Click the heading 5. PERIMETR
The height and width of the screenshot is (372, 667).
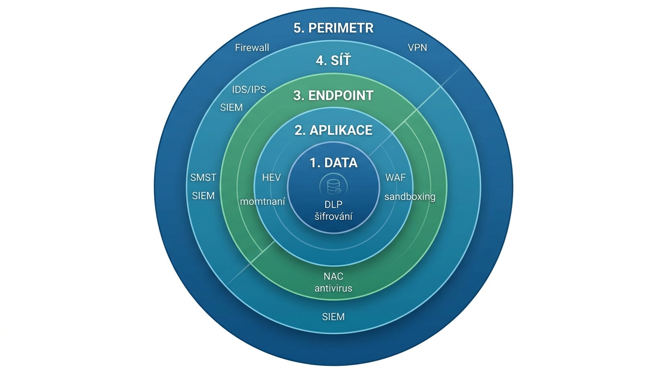[x=333, y=28]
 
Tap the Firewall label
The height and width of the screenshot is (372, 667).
[x=252, y=48]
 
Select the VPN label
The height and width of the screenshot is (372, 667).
[x=417, y=48]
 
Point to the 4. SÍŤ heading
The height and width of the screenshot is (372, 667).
[x=333, y=62]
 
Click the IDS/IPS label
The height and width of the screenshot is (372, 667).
[x=249, y=90]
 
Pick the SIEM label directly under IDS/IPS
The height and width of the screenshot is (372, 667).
[x=231, y=108]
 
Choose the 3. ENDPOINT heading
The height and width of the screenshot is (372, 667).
[x=333, y=95]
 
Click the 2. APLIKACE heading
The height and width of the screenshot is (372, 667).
[x=333, y=130]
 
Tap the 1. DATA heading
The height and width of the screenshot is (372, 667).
[x=333, y=163]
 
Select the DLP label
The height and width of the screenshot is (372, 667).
[x=333, y=205]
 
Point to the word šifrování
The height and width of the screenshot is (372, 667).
[x=333, y=216]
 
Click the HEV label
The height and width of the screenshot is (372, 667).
[x=271, y=177]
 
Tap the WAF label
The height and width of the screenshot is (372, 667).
[x=396, y=177]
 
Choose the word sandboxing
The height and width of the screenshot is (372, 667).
[x=410, y=197]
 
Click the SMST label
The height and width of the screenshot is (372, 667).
[x=203, y=177]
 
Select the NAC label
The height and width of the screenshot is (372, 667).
[x=333, y=277]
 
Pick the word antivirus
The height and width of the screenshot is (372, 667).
[x=333, y=288]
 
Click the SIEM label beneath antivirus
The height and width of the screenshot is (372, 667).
[x=333, y=317]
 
